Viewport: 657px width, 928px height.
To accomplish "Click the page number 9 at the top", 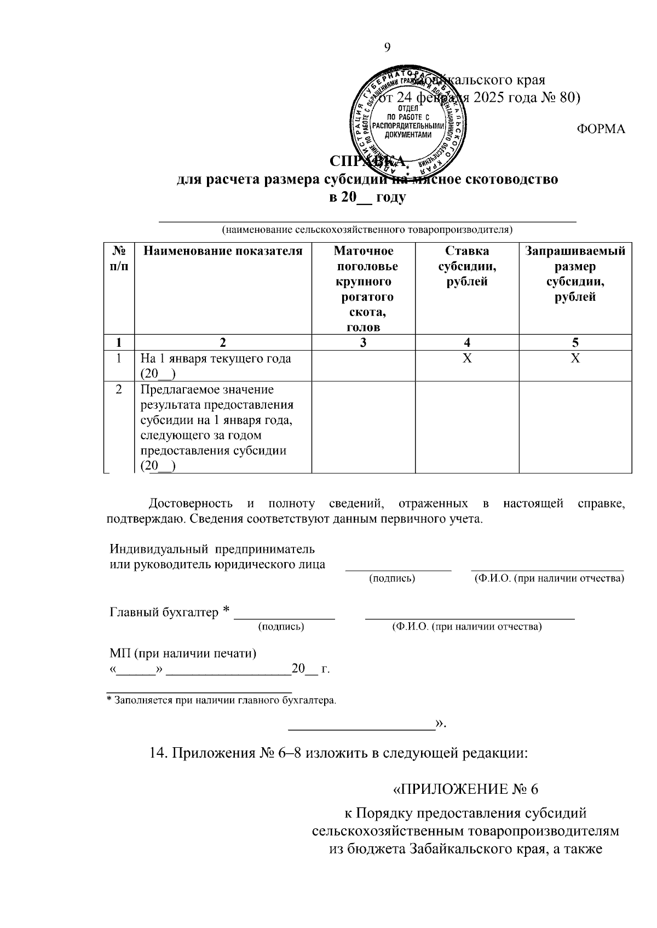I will pyautogui.click(x=387, y=48).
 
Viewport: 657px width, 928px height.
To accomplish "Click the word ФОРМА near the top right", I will pyautogui.click(x=601, y=129).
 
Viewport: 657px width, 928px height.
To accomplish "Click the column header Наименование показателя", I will pyautogui.click(x=223, y=251).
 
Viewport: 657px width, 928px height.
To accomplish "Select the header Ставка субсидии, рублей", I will pyautogui.click(x=466, y=266).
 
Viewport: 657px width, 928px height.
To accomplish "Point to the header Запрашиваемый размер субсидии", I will pyautogui.click(x=575, y=274).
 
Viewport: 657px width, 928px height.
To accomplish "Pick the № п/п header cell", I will pyautogui.click(x=119, y=259).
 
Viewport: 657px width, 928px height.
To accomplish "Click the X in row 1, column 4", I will pyautogui.click(x=466, y=359).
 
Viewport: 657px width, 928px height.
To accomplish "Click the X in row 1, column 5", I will pyautogui.click(x=575, y=359).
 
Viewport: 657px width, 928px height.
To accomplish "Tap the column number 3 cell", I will pyautogui.click(x=363, y=343).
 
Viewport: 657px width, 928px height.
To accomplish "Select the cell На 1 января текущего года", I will pyautogui.click(x=216, y=366).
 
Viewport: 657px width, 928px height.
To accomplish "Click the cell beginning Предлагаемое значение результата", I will pyautogui.click(x=217, y=427).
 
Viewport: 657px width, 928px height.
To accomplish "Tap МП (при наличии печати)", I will pyautogui.click(x=183, y=653).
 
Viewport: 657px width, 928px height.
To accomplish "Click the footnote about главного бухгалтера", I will pyautogui.click(x=221, y=700).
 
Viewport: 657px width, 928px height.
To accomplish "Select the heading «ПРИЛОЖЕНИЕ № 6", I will pyautogui.click(x=466, y=789).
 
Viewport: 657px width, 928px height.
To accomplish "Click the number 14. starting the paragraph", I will pyautogui.click(x=159, y=753).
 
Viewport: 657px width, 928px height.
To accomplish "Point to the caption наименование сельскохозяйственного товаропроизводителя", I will pyautogui.click(x=366, y=230).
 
